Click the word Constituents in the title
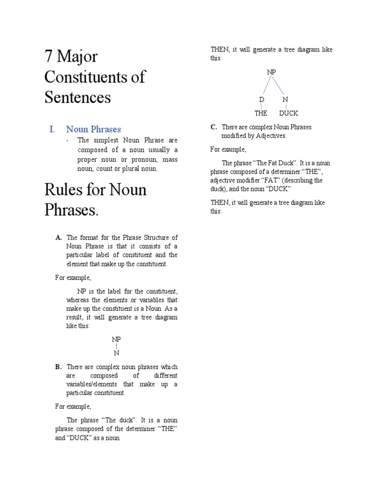coord(95,77)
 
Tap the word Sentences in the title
coord(78,97)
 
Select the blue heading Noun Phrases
coord(93,129)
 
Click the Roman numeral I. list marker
coord(52,129)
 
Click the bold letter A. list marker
coord(58,238)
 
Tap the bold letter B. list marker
coord(58,367)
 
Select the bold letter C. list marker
coord(214,127)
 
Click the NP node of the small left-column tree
coord(116,339)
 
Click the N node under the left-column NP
coord(116,353)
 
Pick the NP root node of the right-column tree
coord(271,72)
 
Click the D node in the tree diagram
coord(262,100)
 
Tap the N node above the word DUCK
coord(285,100)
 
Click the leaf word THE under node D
coord(261,113)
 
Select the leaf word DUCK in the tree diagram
coord(288,113)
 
